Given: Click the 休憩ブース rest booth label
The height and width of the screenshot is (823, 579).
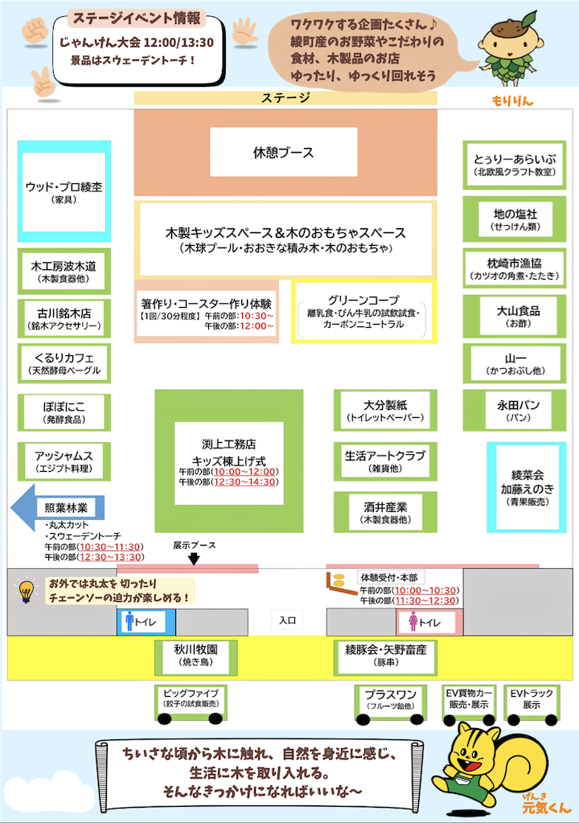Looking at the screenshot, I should click(x=284, y=153).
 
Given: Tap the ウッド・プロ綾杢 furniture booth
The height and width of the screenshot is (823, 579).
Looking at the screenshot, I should click(x=64, y=192).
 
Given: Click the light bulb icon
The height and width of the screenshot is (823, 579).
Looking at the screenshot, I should click(x=27, y=592).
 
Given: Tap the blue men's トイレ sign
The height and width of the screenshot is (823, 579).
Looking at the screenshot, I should click(x=146, y=621).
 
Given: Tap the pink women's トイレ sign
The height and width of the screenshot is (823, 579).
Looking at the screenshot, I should click(x=426, y=622).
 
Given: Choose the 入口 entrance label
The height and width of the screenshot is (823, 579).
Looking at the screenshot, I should click(x=287, y=620).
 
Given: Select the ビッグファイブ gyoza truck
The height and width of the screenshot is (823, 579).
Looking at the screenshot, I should click(x=190, y=700).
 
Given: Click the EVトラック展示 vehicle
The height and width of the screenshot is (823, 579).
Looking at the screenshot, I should click(x=531, y=700).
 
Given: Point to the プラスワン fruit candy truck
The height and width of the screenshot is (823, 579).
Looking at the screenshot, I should click(x=390, y=700).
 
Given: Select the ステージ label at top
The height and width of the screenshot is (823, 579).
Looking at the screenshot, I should click(x=285, y=98).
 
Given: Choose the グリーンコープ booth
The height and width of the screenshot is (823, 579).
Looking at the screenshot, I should click(x=363, y=311).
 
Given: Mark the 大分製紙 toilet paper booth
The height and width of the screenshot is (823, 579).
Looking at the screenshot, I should click(x=385, y=411).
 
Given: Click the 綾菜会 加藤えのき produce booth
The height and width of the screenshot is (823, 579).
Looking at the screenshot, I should click(x=528, y=487).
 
